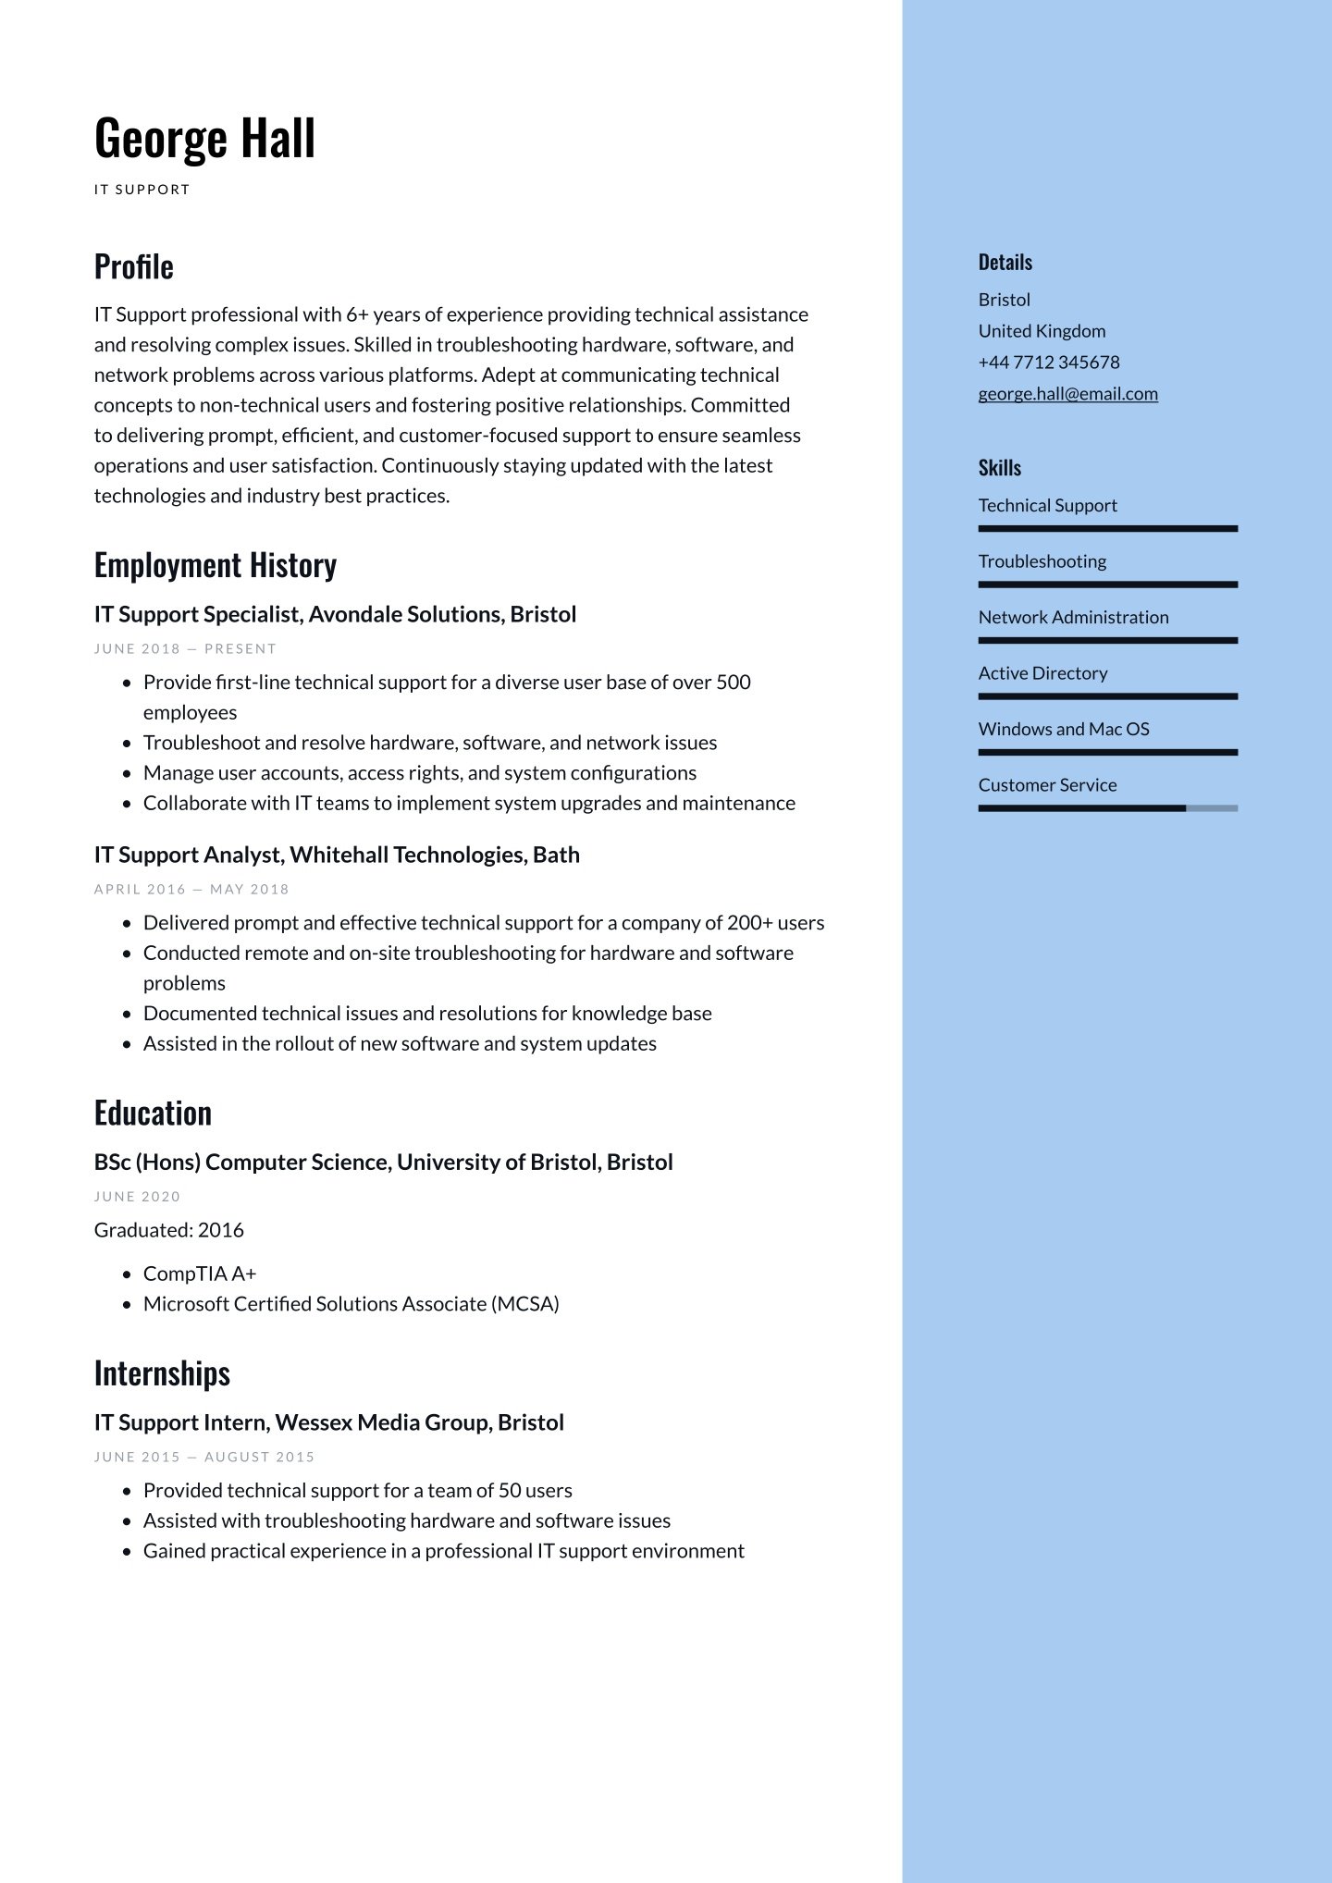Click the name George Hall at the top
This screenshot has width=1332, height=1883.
[x=204, y=139]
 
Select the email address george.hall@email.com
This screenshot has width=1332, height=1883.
[x=1067, y=394]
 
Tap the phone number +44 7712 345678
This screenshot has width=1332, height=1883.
[x=1048, y=363]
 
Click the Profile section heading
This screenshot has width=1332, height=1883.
[x=134, y=266]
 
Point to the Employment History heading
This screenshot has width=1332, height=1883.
[x=215, y=565]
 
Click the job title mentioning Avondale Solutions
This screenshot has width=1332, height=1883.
[x=335, y=614]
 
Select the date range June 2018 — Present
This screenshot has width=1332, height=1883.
[x=185, y=649]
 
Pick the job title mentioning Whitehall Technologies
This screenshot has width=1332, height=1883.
[x=337, y=855]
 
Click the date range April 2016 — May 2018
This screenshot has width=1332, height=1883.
[x=191, y=890]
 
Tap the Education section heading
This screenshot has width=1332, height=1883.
[x=153, y=1113]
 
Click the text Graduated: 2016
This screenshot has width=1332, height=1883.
[x=168, y=1230]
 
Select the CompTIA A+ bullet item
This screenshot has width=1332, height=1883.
[x=199, y=1274]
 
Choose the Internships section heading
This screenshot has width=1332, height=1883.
[x=162, y=1373]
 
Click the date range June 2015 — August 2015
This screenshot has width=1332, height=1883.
[x=203, y=1458]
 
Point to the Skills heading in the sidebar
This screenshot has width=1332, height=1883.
[x=999, y=468]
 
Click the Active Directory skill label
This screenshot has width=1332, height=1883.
[x=1042, y=673]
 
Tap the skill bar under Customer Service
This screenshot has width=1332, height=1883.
[x=1107, y=808]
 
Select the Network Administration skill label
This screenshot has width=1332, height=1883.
[x=1073, y=618]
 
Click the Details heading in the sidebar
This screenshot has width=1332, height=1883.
[x=1005, y=263]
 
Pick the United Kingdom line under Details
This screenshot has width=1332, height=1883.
[x=1042, y=331]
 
